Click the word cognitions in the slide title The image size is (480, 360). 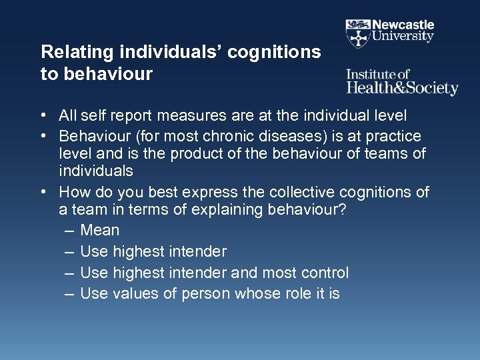(x=276, y=52)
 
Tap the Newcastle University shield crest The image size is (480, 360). (x=357, y=32)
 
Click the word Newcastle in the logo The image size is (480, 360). (x=403, y=25)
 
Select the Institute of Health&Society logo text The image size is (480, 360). (x=402, y=83)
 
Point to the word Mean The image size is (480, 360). (x=100, y=231)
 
